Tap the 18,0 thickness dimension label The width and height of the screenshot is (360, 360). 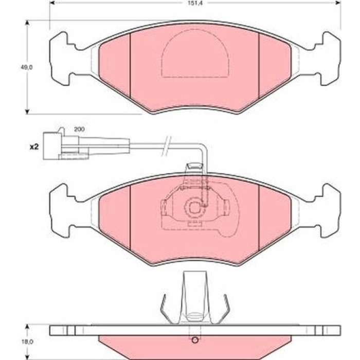[x=28, y=342]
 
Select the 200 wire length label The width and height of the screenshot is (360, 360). [x=79, y=129]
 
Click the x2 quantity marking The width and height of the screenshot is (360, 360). [x=34, y=147]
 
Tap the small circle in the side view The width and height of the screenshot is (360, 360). [x=195, y=340]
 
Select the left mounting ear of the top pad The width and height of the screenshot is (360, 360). [x=60, y=59]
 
